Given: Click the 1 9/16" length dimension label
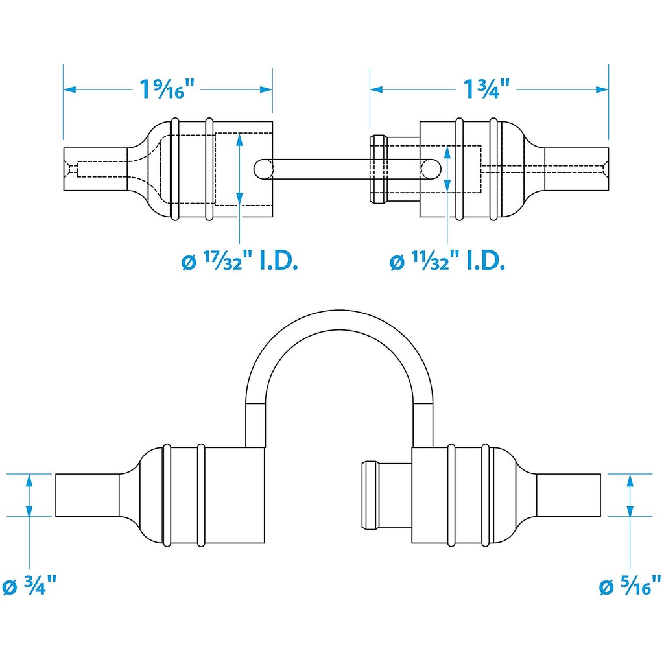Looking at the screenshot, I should click(167, 89).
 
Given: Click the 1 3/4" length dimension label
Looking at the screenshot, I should click(486, 89).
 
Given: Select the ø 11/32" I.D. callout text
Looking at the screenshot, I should click(447, 262).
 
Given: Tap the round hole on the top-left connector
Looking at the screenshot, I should click(263, 169).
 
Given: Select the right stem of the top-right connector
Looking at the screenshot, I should click(577, 169).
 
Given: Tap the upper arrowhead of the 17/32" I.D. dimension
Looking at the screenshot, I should click(240, 138).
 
